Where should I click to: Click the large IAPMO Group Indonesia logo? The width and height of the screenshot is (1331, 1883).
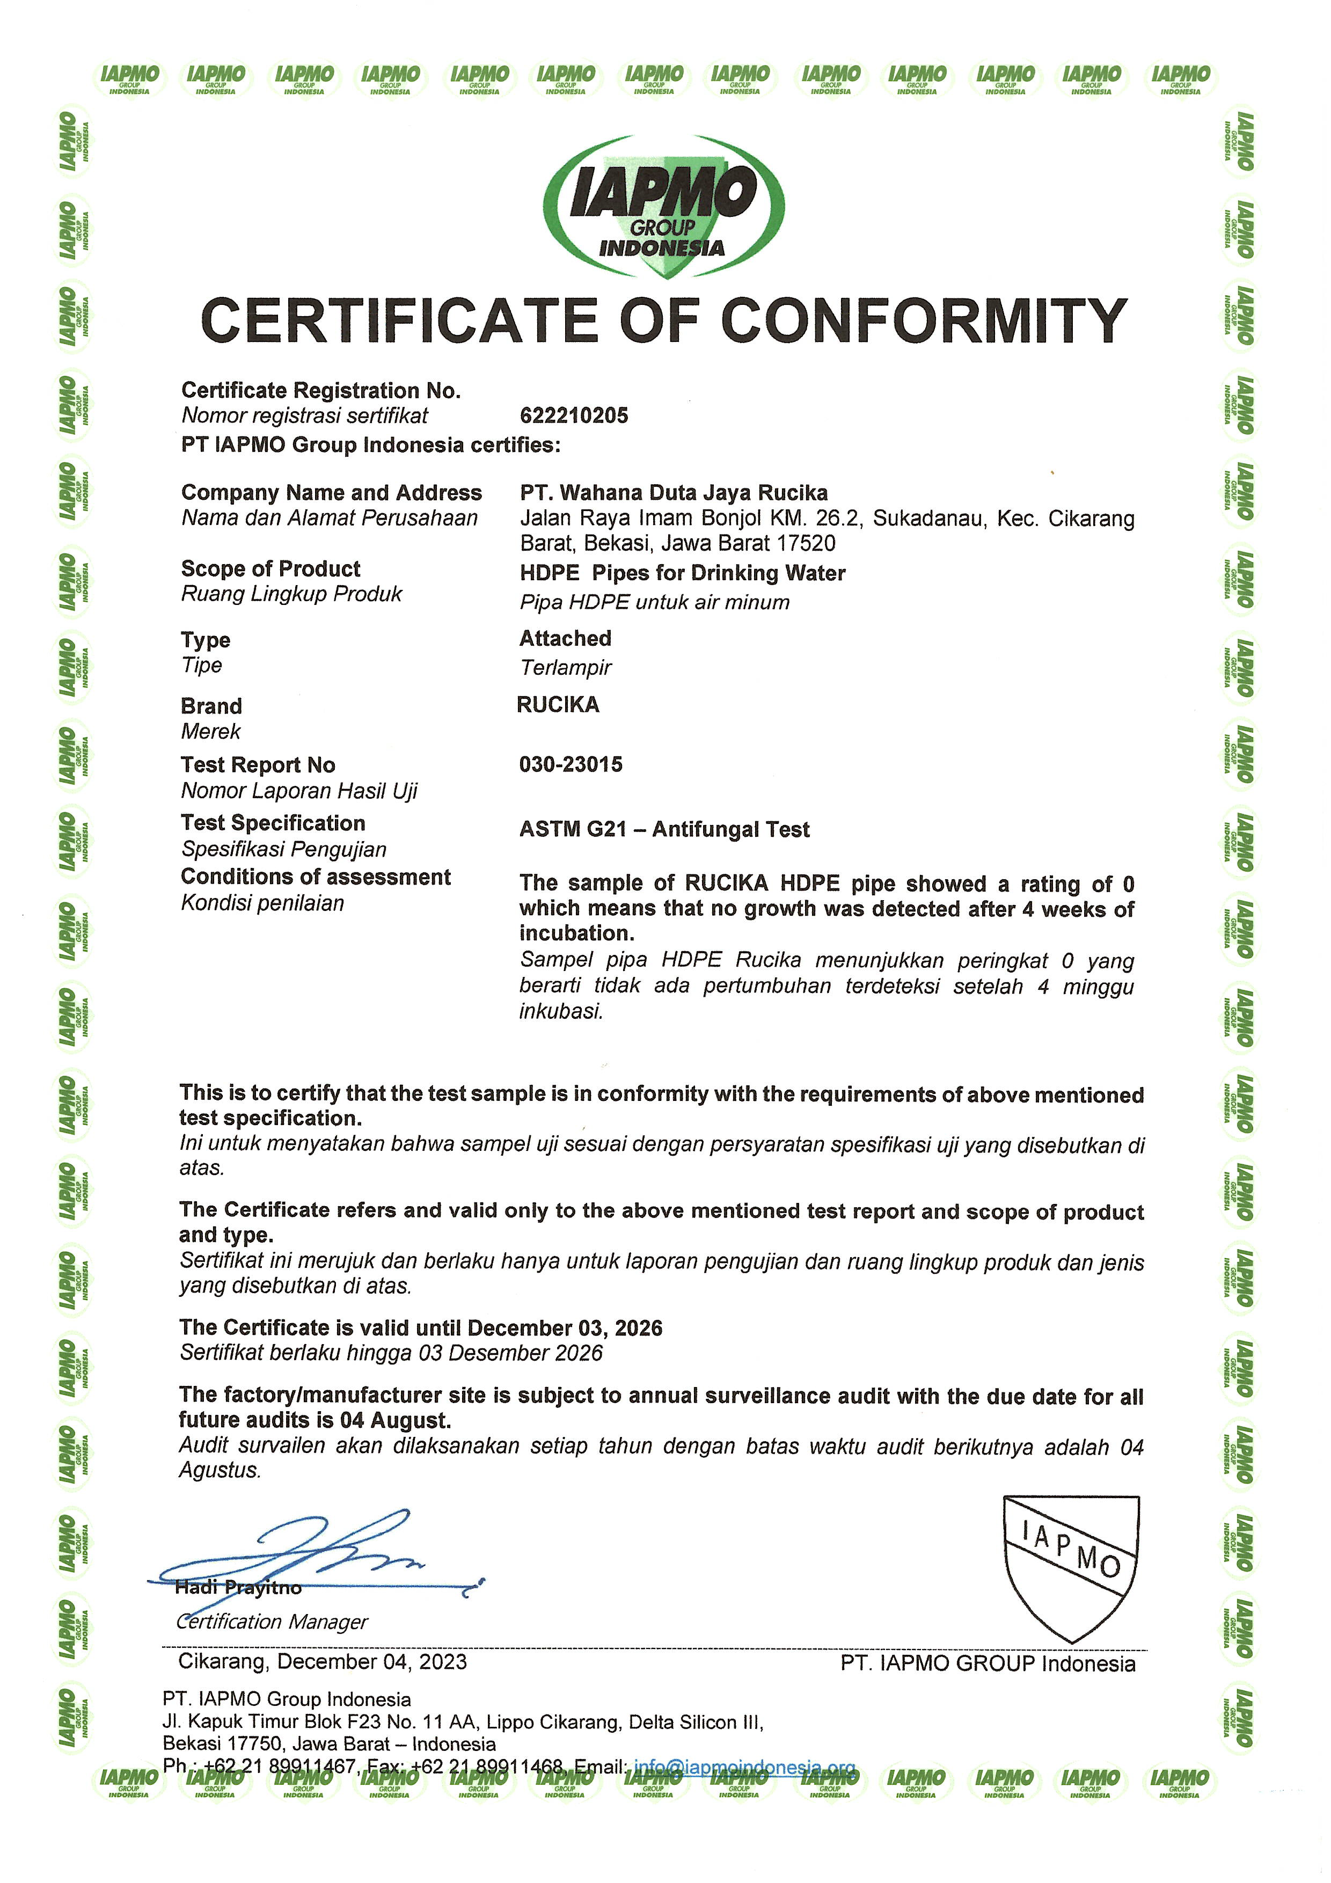tap(663, 205)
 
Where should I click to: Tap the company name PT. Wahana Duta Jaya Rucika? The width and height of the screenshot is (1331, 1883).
tap(674, 493)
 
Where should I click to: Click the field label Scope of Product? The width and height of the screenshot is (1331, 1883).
tap(270, 569)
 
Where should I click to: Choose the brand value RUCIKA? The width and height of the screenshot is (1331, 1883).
tap(558, 705)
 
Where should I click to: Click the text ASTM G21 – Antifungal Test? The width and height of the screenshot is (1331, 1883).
tap(664, 830)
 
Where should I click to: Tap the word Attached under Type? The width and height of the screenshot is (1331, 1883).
tap(565, 639)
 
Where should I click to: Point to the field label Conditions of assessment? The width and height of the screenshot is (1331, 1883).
tap(316, 878)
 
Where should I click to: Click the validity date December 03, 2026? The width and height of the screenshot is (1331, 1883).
tap(565, 1329)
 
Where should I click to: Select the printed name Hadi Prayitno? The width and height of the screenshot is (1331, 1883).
tap(238, 1588)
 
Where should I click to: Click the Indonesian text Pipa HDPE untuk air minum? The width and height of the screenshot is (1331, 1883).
tap(654, 603)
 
